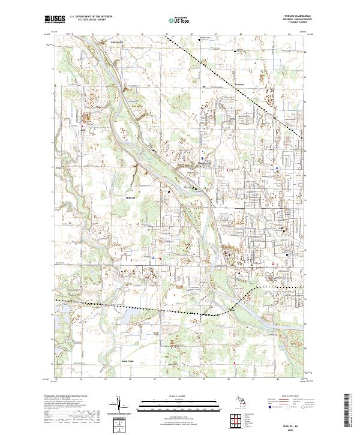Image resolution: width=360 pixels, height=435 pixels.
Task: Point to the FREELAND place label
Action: [116, 43]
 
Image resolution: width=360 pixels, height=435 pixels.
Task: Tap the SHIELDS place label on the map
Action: [131, 197]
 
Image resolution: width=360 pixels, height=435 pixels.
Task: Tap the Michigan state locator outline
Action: [247, 401]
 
